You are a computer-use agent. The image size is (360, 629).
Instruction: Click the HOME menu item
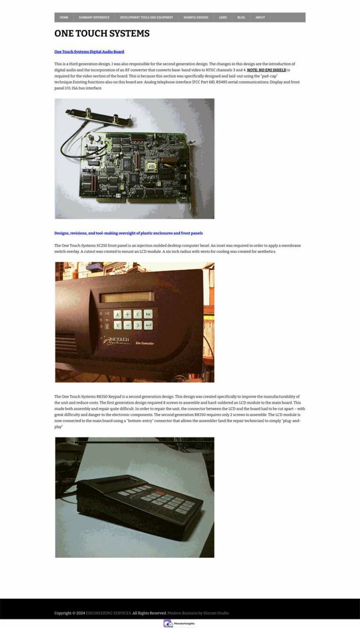pyautogui.click(x=64, y=17)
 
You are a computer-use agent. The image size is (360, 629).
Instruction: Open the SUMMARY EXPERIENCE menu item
pyautogui.click(x=94, y=17)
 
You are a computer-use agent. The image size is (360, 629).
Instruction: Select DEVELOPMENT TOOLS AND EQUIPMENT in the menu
pyautogui.click(x=146, y=17)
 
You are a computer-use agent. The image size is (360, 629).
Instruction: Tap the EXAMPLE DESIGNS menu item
pyautogui.click(x=196, y=17)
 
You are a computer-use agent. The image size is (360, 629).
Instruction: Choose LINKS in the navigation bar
pyautogui.click(x=223, y=17)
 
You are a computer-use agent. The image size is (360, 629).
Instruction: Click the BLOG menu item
pyautogui.click(x=241, y=17)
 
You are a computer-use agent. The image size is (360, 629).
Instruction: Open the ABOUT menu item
pyautogui.click(x=260, y=17)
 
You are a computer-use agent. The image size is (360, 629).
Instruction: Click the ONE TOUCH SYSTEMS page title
pyautogui.click(x=102, y=33)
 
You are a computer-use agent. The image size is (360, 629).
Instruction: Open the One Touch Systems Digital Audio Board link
pyautogui.click(x=89, y=52)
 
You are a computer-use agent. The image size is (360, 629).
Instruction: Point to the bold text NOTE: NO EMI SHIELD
pyautogui.click(x=266, y=70)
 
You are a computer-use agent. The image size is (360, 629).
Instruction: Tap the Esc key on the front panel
pyautogui.click(x=148, y=314)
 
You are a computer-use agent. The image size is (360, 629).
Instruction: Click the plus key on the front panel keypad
pyautogui.click(x=127, y=314)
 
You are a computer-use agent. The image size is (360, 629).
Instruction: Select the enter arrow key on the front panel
pyautogui.click(x=148, y=325)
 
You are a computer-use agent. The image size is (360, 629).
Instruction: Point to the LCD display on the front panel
pyautogui.click(x=127, y=297)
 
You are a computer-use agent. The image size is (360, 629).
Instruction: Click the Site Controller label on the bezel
pyautogui.click(x=145, y=343)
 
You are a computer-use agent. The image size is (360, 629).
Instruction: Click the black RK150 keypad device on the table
pyautogui.click(x=140, y=504)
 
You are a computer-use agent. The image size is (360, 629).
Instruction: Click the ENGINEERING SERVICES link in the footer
pyautogui.click(x=108, y=613)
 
